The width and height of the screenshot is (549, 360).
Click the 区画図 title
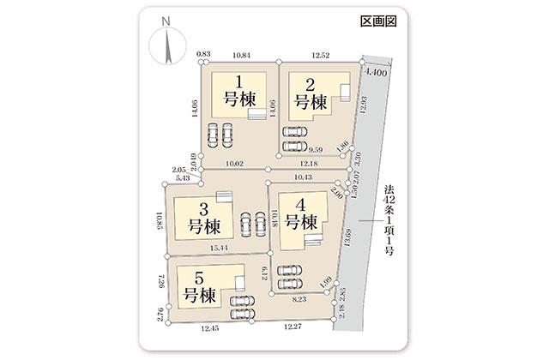pos(378,21)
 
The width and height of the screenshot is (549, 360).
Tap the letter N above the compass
pos(166,21)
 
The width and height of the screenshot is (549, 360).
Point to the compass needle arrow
pos(168,47)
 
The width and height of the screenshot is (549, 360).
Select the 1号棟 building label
pos(239,92)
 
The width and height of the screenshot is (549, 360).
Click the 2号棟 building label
pos(311,94)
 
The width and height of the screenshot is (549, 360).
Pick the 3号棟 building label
pos(204,219)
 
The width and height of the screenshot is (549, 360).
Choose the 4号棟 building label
pos(301,214)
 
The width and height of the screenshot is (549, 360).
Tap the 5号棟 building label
pos(199,288)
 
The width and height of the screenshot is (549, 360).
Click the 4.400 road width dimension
pos(376,72)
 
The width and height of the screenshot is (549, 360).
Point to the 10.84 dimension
pos(242,55)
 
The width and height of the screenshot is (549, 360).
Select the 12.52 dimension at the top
pos(321,55)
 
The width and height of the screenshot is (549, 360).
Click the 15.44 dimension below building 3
pos(219,248)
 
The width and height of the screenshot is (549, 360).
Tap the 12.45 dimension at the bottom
pos(210,328)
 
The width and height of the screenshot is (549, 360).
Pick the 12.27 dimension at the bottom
pos(293,327)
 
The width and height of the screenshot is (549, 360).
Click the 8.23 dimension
pos(299,299)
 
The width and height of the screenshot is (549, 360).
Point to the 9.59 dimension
pos(316,150)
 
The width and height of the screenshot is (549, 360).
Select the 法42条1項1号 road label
pos(389,220)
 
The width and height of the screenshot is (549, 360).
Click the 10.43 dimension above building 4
pos(303,177)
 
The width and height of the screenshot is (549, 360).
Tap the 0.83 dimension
pos(203,53)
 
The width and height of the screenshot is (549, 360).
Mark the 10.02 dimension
pos(234,164)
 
